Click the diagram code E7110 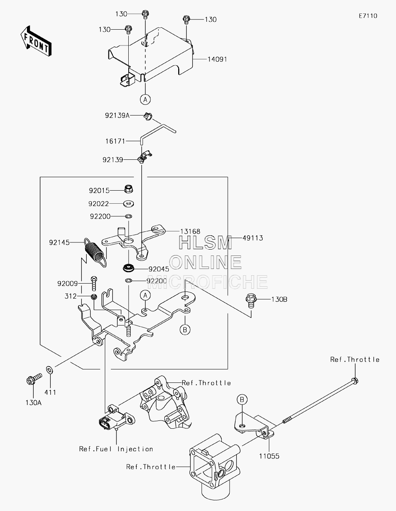(368, 16)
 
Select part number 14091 (217, 59)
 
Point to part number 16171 (115, 141)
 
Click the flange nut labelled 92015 (128, 189)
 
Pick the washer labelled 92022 (129, 204)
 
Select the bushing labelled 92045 (129, 268)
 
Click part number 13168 (190, 231)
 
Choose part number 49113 (253, 238)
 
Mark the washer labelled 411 (49, 370)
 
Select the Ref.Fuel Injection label (116, 449)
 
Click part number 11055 (269, 456)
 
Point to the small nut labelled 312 (94, 297)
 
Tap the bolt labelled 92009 (94, 283)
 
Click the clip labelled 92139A (148, 116)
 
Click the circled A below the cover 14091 (145, 100)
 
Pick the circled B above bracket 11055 (242, 399)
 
